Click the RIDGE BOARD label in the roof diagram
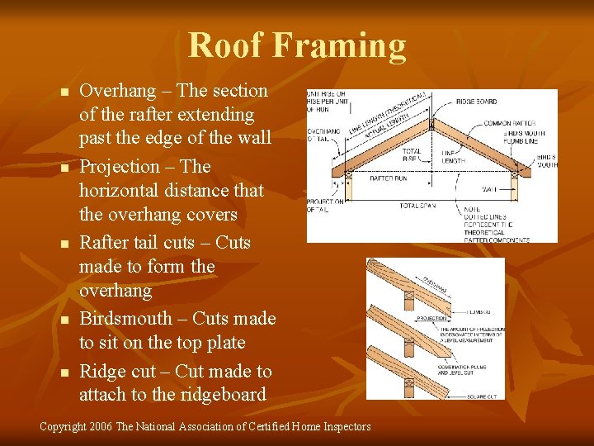(476, 102)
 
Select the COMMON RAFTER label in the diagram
(509, 123)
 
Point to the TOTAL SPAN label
(419, 205)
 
